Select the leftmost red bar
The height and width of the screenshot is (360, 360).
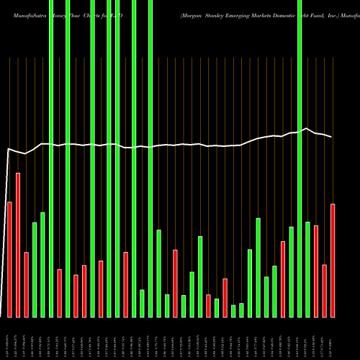pyautogui.click(x=9, y=259)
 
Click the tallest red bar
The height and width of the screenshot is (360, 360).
pyautogui.click(x=18, y=245)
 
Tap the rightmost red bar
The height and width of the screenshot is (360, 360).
pyautogui.click(x=333, y=260)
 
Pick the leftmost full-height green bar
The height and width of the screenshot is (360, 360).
pyautogui.click(x=51, y=158)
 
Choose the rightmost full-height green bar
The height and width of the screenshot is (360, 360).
pyautogui.click(x=300, y=158)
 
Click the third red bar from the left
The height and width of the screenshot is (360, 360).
pyautogui.click(x=26, y=284)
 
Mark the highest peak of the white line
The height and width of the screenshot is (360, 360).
pyautogui.click(x=307, y=129)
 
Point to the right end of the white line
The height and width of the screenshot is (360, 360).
pyautogui.click(x=332, y=137)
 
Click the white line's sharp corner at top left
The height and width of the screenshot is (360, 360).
pyautogui.click(x=8, y=149)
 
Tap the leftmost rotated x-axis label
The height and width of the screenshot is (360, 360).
pyautogui.click(x=9, y=338)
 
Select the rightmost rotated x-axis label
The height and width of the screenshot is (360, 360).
pyautogui.click(x=333, y=338)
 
